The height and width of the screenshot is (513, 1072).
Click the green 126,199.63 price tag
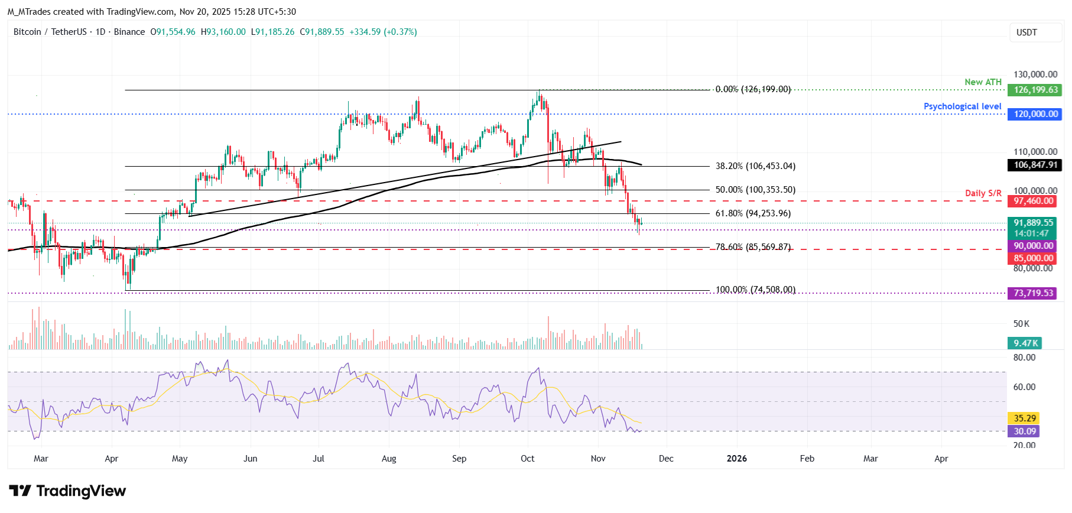[x=1035, y=90]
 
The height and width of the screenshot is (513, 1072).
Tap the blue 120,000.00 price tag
[x=1035, y=114]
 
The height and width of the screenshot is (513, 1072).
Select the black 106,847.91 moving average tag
[x=1035, y=165]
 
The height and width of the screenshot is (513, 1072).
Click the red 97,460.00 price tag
[x=1033, y=201]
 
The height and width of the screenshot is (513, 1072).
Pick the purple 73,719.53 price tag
[x=1033, y=293]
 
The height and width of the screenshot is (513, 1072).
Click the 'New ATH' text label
[x=983, y=82]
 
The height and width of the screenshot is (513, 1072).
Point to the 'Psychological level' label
[x=962, y=106]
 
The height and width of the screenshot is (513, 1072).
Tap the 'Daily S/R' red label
[x=983, y=193]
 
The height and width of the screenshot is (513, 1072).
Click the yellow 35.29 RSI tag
[x=1025, y=418]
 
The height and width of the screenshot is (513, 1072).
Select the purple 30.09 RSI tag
[x=1025, y=431]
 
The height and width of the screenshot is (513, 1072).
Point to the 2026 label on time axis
[x=736, y=459]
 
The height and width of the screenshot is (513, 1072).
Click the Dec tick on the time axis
[x=666, y=459]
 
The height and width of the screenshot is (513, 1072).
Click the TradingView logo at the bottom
[x=67, y=491]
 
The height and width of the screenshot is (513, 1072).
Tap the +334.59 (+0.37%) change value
[x=383, y=32]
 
